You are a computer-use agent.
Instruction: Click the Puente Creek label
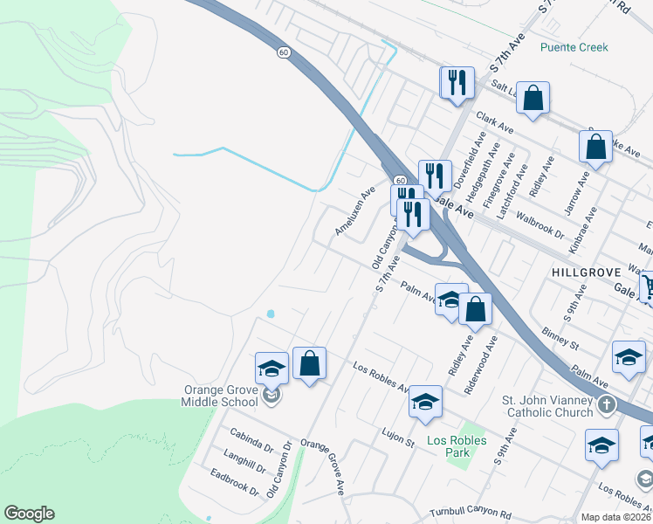coord(574,47)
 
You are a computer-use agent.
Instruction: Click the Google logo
coord(29,514)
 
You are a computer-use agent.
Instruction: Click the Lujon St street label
coord(398,437)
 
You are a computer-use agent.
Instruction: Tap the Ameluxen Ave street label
coord(354,210)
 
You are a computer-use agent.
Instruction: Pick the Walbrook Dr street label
coord(540,224)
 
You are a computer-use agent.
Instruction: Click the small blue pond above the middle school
coord(271,313)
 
